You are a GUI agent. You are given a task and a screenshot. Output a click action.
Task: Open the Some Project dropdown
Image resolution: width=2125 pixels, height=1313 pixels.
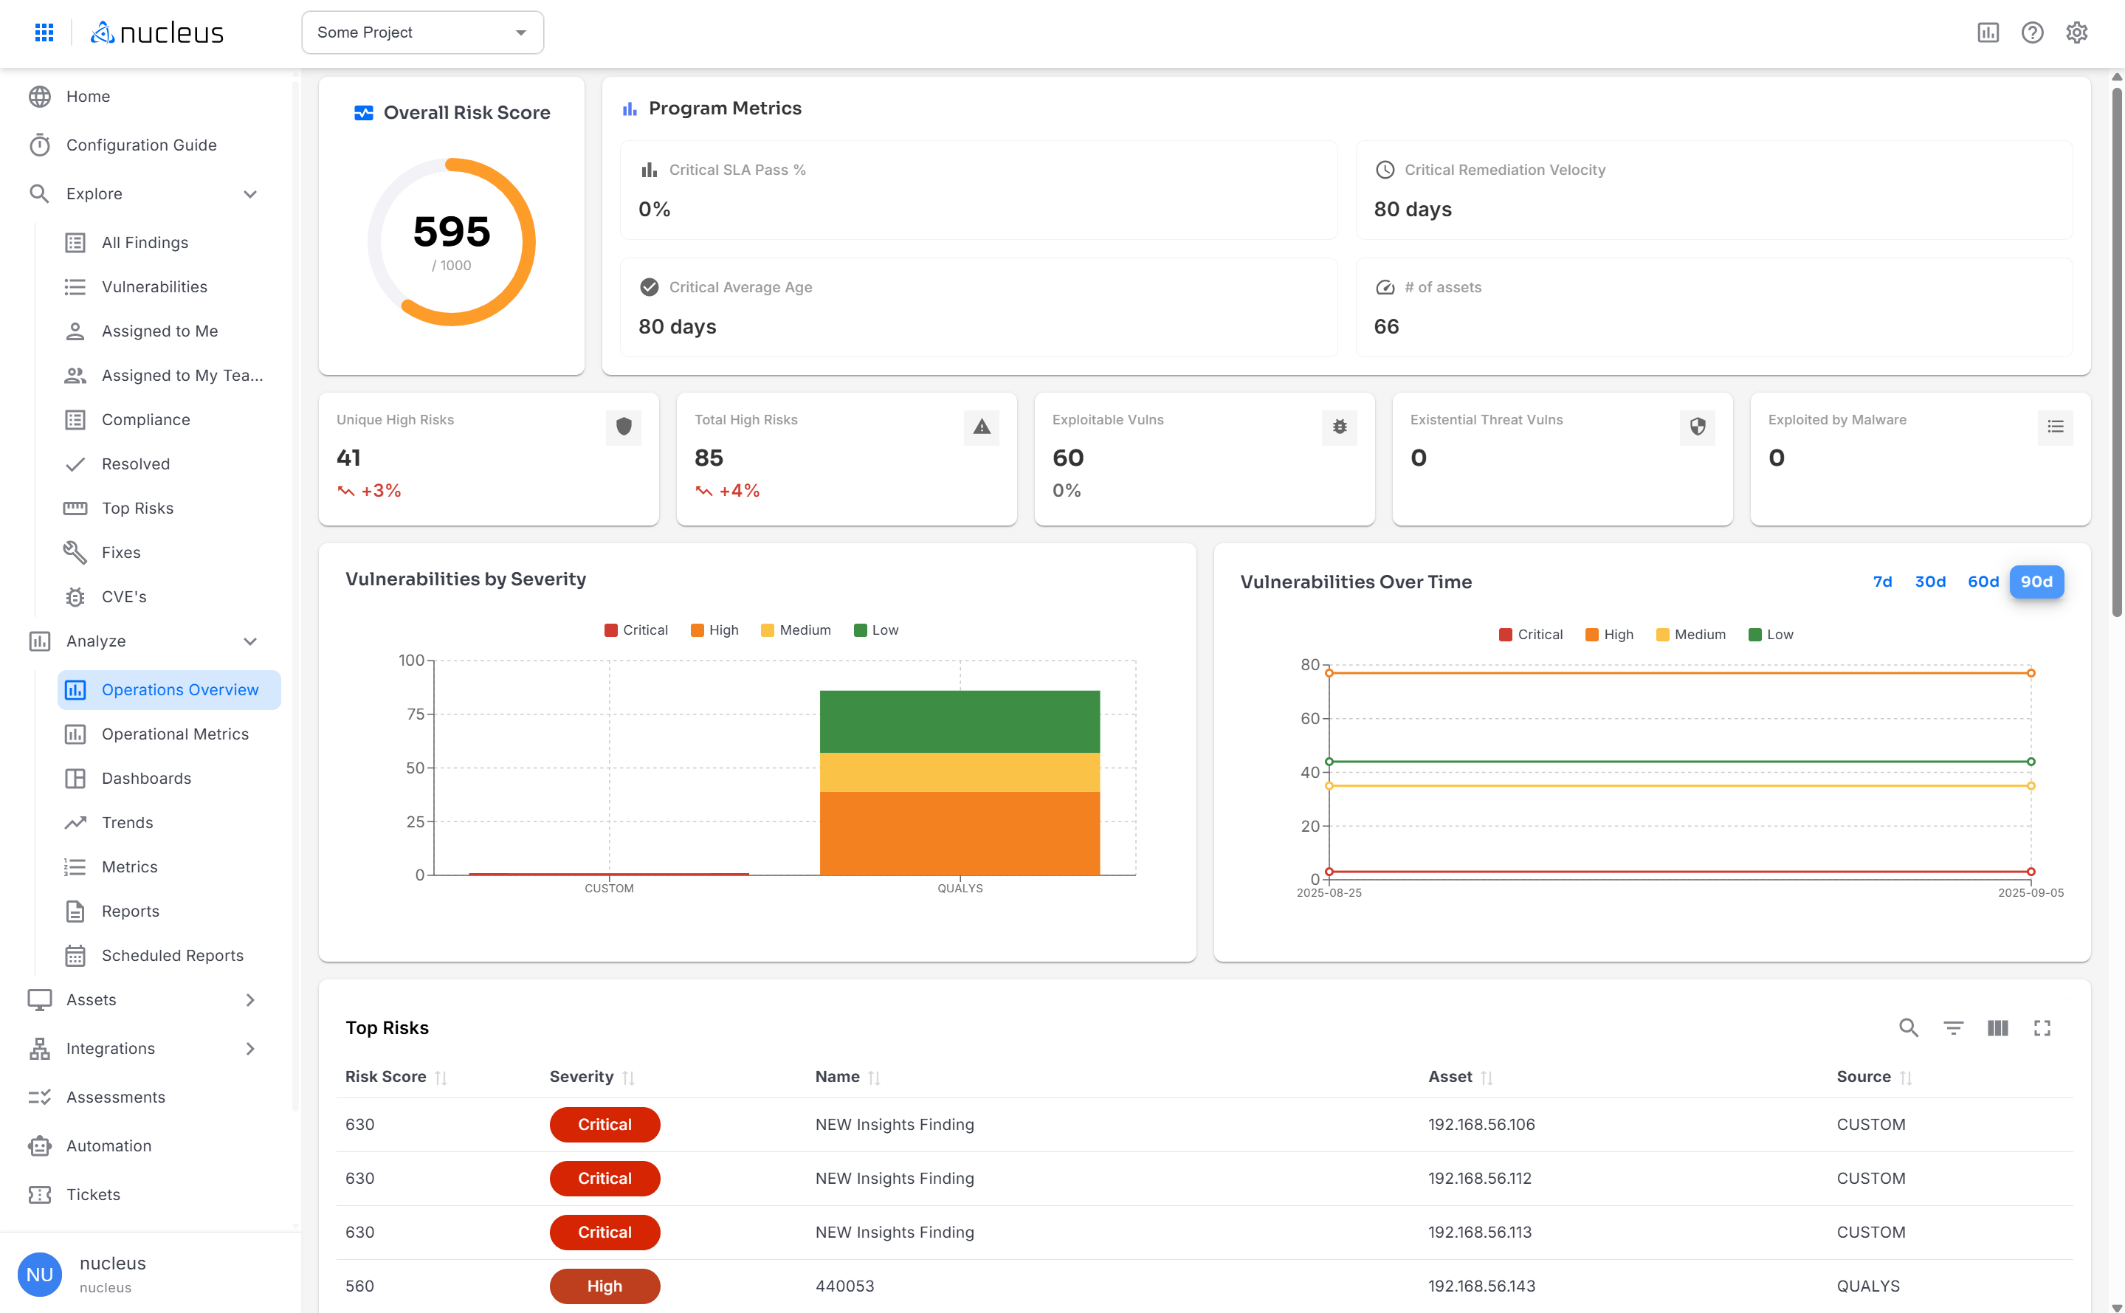pyautogui.click(x=422, y=32)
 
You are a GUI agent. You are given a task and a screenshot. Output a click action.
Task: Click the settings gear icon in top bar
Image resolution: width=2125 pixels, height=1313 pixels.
pyautogui.click(x=2076, y=32)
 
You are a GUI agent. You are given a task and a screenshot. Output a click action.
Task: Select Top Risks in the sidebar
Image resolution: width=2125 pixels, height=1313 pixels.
pyautogui.click(x=137, y=508)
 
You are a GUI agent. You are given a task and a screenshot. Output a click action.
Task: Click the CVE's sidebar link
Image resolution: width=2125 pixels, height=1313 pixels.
pyautogui.click(x=124, y=596)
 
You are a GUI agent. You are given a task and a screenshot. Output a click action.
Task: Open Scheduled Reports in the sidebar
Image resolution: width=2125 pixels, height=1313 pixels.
pyautogui.click(x=172, y=955)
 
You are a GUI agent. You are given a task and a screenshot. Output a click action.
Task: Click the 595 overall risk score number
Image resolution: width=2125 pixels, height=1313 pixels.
pyautogui.click(x=452, y=232)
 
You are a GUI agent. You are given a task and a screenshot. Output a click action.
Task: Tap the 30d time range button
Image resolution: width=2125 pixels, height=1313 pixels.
pyautogui.click(x=1929, y=582)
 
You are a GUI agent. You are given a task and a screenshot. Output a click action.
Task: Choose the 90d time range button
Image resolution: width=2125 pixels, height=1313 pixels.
pyautogui.click(x=2036, y=582)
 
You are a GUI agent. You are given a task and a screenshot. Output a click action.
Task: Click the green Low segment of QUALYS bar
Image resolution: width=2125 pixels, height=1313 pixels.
pyautogui.click(x=959, y=722)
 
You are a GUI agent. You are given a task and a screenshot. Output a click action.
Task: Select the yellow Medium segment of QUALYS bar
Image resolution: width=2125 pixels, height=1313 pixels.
pyautogui.click(x=959, y=772)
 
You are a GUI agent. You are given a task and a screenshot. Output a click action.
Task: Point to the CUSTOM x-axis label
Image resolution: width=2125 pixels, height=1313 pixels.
pyautogui.click(x=609, y=889)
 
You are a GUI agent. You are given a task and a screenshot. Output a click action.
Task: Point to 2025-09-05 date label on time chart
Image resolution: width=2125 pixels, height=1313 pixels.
pyautogui.click(x=2030, y=893)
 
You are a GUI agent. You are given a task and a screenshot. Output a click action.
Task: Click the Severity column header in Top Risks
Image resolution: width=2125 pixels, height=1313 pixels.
pyautogui.click(x=581, y=1077)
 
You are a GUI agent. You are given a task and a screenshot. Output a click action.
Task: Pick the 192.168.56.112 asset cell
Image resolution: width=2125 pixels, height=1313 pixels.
pyautogui.click(x=1479, y=1179)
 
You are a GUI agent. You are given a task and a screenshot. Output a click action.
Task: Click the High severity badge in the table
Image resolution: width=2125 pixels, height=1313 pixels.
pyautogui.click(x=605, y=1286)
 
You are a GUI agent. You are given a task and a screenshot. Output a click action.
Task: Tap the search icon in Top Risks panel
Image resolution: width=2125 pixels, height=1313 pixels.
pyautogui.click(x=1908, y=1028)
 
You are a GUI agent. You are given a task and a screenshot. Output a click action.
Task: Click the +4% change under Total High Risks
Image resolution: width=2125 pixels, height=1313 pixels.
pyautogui.click(x=738, y=491)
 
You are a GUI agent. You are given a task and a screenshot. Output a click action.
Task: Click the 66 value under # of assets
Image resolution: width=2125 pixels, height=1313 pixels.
pyautogui.click(x=1386, y=326)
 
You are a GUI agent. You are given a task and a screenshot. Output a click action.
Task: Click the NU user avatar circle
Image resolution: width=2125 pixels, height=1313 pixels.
pyautogui.click(x=40, y=1274)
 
